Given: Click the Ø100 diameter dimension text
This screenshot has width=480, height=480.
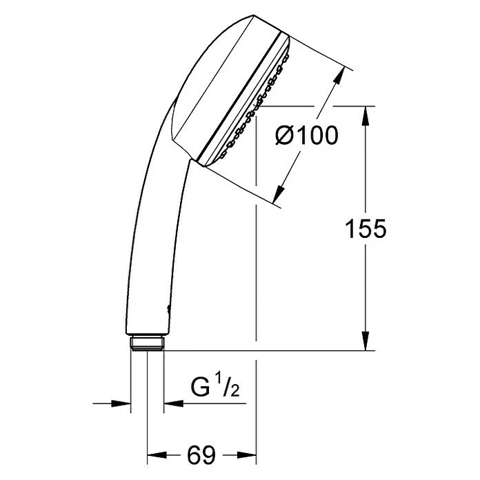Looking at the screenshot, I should click(x=306, y=136).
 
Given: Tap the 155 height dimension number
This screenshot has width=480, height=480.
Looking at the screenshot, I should click(x=366, y=229).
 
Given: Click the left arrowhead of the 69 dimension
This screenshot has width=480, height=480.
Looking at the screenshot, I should click(x=155, y=455).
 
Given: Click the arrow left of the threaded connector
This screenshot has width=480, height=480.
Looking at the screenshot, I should click(x=123, y=404).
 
